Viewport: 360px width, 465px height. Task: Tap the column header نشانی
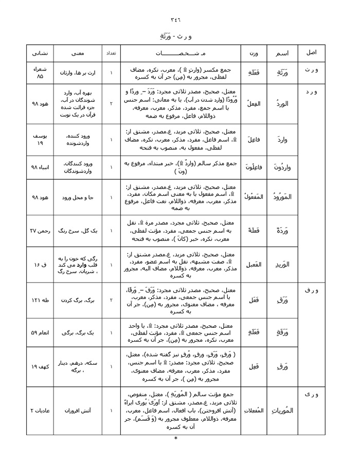(40, 53)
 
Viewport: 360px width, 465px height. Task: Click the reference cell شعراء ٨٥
(40, 73)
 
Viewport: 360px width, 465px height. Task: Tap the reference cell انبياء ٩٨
(40, 167)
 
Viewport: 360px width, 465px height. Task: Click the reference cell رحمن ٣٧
(40, 230)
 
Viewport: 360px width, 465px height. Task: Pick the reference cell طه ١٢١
(40, 300)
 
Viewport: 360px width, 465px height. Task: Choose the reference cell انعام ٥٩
(40, 332)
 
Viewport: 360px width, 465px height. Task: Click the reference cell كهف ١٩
(40, 367)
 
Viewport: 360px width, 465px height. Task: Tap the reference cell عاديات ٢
(40, 411)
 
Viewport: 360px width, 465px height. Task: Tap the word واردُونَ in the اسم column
(282, 167)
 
